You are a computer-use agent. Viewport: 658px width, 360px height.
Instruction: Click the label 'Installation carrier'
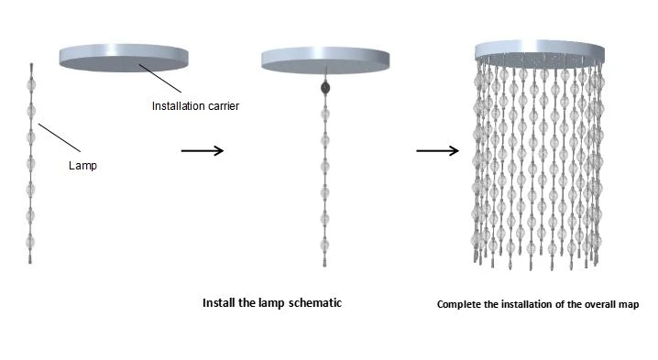pyautogui.click(x=195, y=106)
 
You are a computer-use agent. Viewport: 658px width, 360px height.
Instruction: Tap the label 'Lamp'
pyautogui.click(x=82, y=166)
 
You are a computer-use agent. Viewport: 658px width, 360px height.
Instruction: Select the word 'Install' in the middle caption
pyautogui.click(x=219, y=303)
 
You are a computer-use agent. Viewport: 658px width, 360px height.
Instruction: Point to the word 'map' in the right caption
pyautogui.click(x=629, y=305)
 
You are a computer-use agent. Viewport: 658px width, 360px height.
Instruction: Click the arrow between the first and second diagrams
pyautogui.click(x=203, y=150)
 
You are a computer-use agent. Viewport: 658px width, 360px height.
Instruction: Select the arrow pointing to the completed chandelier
pyautogui.click(x=438, y=150)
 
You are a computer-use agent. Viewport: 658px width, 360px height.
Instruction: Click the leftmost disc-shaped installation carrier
pyautogui.click(x=124, y=58)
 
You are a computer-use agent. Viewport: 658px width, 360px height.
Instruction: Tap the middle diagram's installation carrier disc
pyautogui.click(x=325, y=60)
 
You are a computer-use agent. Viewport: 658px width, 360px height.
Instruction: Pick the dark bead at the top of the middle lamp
pyautogui.click(x=325, y=88)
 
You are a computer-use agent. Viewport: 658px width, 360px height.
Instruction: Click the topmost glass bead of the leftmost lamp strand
pyautogui.click(x=31, y=85)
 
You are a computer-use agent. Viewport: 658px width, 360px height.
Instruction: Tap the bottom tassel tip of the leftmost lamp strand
pyautogui.click(x=30, y=263)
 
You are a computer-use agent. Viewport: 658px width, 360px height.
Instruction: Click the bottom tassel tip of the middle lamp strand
pyautogui.click(x=324, y=266)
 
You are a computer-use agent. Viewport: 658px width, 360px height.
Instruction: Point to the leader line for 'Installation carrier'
pyautogui.click(x=160, y=78)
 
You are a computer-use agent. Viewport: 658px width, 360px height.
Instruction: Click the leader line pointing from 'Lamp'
pyautogui.click(x=60, y=137)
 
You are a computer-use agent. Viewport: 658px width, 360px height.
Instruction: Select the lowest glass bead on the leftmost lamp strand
pyautogui.click(x=30, y=242)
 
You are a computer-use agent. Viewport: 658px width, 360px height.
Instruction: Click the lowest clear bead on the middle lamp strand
pyautogui.click(x=325, y=245)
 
